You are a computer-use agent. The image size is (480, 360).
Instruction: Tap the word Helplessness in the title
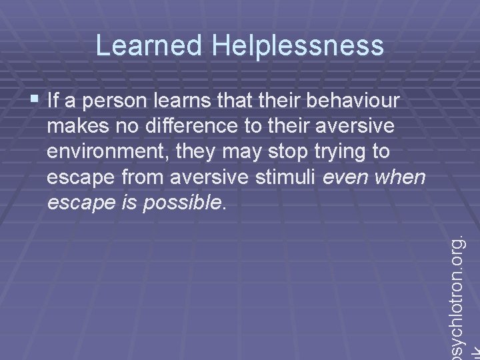298,45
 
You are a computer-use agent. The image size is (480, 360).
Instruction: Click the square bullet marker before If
35,101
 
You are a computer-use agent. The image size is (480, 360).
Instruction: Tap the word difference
179,126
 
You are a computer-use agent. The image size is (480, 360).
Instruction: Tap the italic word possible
190,203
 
